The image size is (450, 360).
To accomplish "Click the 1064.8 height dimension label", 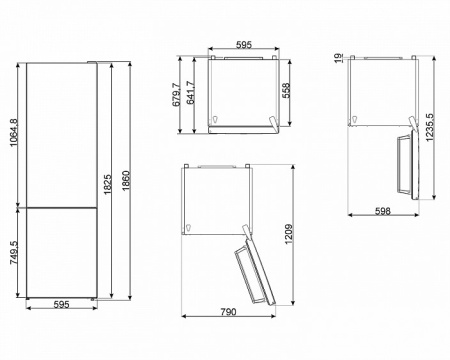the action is [13, 132].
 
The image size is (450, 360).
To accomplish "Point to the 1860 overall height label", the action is [126, 181].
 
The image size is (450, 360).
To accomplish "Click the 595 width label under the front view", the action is [61, 304].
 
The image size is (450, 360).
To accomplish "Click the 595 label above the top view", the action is [244, 45].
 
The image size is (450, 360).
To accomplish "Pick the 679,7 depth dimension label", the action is [176, 95].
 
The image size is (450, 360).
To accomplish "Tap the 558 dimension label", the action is [286, 90].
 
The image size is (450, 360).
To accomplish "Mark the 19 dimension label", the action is [339, 58].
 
